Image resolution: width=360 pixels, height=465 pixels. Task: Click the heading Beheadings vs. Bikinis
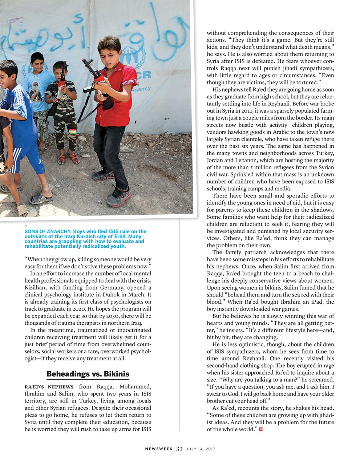(88, 374)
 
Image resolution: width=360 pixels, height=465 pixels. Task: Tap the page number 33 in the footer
(179, 449)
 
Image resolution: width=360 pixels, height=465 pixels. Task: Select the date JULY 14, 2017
(201, 449)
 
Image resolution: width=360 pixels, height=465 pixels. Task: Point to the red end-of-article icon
(260, 429)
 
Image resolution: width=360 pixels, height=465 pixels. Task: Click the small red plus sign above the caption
(26, 226)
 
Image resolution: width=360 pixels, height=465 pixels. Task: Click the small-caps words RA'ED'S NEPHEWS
(49, 387)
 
